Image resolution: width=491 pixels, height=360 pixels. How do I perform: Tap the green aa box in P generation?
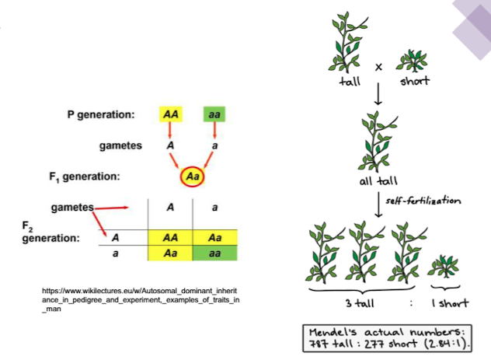coord(214,115)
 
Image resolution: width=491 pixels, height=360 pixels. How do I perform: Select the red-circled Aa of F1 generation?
coord(193,177)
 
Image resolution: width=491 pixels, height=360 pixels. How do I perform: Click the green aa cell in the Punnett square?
coord(214,253)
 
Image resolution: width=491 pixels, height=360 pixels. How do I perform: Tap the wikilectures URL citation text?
coord(141,299)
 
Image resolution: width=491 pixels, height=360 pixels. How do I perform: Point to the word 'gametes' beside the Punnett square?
coord(71,208)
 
